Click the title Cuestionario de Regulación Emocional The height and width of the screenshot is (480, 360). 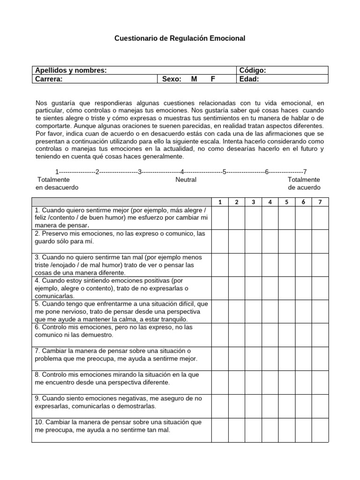pos(180,38)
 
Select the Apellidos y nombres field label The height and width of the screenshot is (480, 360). pos(71,70)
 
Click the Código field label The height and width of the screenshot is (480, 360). pos(253,70)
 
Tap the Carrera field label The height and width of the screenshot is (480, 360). pos(49,79)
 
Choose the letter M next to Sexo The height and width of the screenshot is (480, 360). pos(194,79)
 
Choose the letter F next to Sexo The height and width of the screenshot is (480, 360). pos(213,79)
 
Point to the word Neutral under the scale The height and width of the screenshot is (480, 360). pos(186,180)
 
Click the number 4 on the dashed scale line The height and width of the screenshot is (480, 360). pos(182,172)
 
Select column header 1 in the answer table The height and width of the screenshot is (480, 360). pos(220,202)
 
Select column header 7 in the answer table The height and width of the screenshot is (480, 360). pos(320,202)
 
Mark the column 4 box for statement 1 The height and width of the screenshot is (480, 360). pos(270,217)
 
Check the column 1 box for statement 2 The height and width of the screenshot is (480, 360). pos(220,241)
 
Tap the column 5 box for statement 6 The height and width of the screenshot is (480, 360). pos(286,335)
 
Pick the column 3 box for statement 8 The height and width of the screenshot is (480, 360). pos(253,382)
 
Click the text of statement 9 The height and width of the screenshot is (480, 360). pos(112,402)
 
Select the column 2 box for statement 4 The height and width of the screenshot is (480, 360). pos(237,288)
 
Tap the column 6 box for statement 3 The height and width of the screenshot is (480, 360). pos(303,265)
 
